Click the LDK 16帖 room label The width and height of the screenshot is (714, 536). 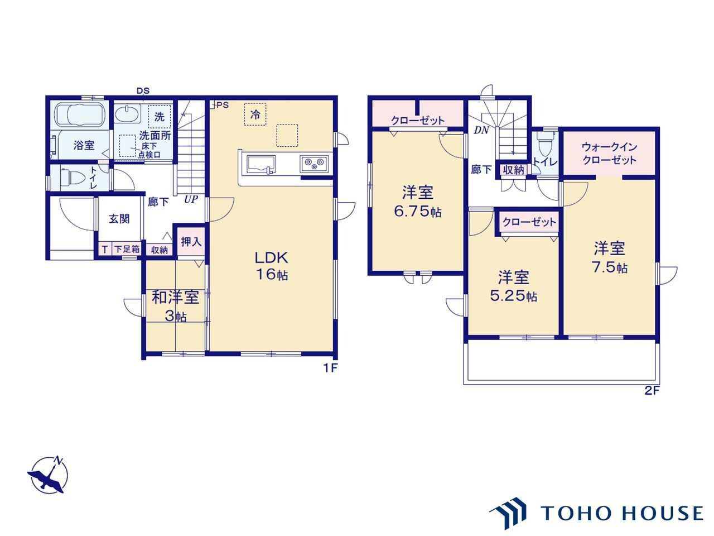click(x=272, y=265)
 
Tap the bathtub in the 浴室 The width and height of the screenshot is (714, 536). click(x=80, y=115)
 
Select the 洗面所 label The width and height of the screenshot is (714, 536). click(x=155, y=136)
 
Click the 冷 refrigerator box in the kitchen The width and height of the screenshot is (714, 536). click(x=255, y=115)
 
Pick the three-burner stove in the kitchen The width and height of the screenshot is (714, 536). click(x=314, y=164)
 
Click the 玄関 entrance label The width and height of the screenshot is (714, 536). click(x=119, y=218)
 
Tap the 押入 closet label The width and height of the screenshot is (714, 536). click(x=191, y=242)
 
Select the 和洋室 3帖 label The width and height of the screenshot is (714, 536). click(x=175, y=305)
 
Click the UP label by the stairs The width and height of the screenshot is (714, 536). click(x=191, y=199)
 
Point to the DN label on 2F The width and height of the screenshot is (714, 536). click(x=481, y=130)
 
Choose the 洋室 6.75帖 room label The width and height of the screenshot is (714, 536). click(x=417, y=202)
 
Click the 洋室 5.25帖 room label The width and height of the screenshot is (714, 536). click(x=513, y=286)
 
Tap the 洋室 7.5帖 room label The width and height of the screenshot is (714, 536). click(x=609, y=257)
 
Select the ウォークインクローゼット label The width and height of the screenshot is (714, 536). click(x=609, y=153)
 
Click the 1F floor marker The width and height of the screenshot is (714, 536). click(x=330, y=368)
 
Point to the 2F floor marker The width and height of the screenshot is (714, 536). click(x=652, y=391)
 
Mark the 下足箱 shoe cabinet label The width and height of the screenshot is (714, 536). click(x=127, y=250)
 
